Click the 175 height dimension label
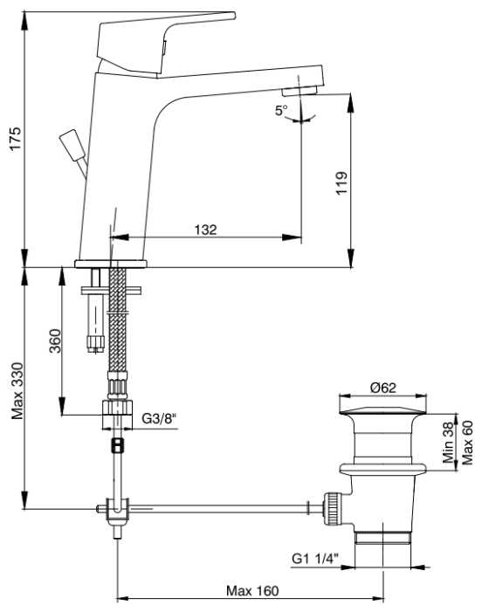[x=15, y=138]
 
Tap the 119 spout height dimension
[x=341, y=182]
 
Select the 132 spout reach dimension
[x=206, y=230]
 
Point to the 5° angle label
[x=281, y=110]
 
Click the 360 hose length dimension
[x=55, y=341]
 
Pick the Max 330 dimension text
[x=17, y=391]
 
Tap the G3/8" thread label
[x=159, y=419]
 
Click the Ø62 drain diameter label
[x=382, y=388]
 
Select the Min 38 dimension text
[x=449, y=443]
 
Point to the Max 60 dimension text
[x=467, y=443]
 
